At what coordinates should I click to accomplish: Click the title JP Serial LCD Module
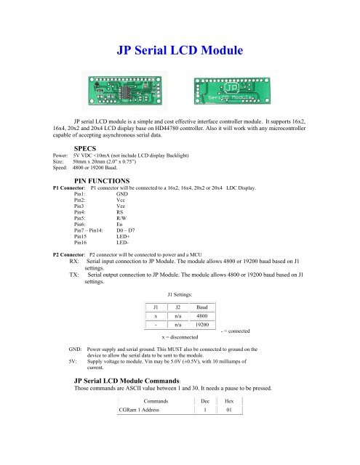(179, 52)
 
